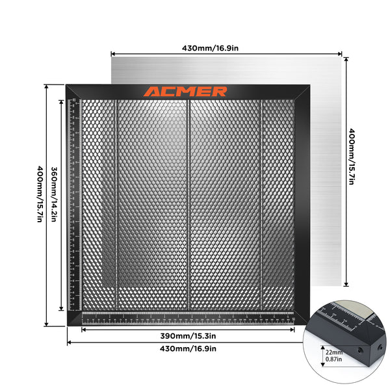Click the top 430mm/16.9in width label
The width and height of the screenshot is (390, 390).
click(227, 47)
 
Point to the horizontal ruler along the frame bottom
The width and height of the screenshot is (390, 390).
click(188, 318)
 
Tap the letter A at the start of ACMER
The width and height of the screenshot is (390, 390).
click(152, 92)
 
